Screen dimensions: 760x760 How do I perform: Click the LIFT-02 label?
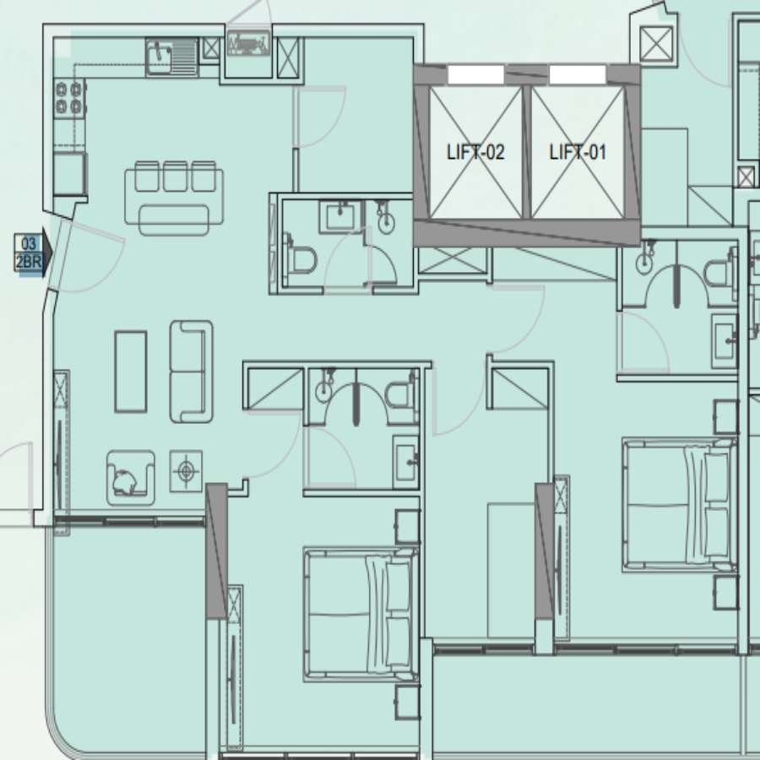[475, 152]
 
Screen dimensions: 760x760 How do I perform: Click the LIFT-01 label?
[578, 152]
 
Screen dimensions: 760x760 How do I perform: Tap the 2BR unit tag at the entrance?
[28, 262]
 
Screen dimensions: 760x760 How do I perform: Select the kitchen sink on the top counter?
[171, 57]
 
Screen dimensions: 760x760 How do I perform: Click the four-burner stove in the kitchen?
[69, 98]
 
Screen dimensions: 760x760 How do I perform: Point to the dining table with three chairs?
[174, 198]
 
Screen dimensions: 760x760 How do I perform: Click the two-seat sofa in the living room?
[191, 372]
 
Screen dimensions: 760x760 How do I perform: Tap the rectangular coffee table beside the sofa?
[130, 372]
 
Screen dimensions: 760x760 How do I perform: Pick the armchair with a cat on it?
[130, 478]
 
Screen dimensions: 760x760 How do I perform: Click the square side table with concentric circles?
[186, 471]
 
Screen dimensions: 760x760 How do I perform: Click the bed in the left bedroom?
[361, 615]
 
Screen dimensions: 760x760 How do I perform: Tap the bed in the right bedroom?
[680, 505]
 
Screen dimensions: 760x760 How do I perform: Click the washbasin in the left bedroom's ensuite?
[405, 461]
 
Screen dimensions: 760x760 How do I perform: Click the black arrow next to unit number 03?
[47, 252]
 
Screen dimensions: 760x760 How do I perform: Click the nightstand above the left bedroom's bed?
[407, 526]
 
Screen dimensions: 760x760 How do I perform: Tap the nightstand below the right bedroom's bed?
[725, 592]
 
